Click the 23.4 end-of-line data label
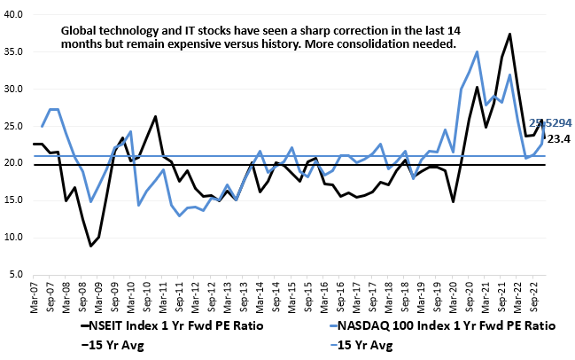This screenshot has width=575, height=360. click(x=557, y=139)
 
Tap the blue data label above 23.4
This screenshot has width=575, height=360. click(x=549, y=123)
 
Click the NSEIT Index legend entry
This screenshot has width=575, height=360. click(x=160, y=325)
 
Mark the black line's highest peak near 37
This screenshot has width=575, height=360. click(x=510, y=35)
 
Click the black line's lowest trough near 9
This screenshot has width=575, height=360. click(x=90, y=246)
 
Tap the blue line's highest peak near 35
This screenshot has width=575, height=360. click(x=478, y=51)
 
